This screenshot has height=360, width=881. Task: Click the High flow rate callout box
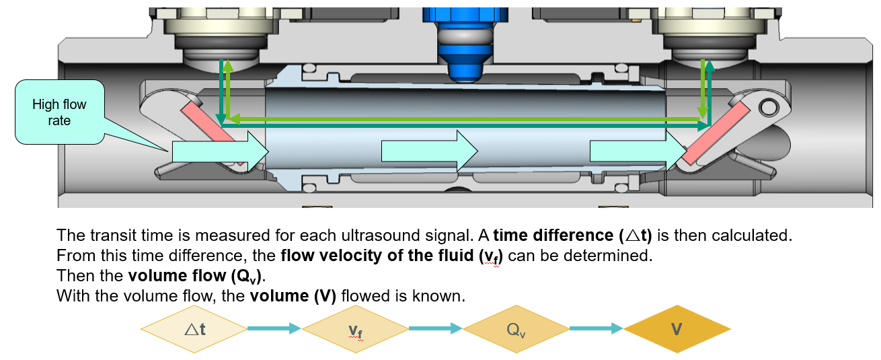(60, 112)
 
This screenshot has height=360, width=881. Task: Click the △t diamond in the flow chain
(194, 328)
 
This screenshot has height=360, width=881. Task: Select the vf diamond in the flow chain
(355, 329)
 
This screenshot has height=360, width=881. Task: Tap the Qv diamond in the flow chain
(516, 329)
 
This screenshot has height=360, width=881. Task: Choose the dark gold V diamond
(677, 329)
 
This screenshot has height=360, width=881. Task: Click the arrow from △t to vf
(274, 328)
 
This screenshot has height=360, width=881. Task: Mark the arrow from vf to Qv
(435, 328)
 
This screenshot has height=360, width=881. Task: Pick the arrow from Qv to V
(597, 328)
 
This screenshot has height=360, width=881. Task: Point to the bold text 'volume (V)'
(293, 296)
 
